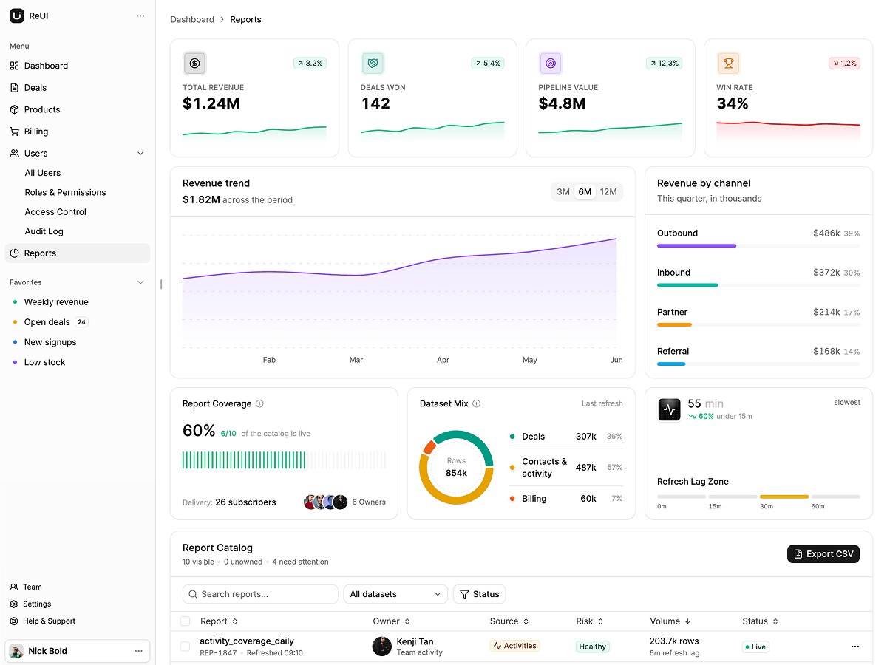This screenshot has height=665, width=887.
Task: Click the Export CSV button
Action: [823, 554]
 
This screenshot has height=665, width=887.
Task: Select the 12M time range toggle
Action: [608, 192]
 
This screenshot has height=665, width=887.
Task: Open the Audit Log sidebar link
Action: [44, 231]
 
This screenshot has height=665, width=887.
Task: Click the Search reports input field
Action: [260, 594]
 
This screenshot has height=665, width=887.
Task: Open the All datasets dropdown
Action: [395, 594]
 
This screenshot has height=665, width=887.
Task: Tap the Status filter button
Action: [479, 594]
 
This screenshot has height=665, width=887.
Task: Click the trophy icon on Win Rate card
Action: [728, 64]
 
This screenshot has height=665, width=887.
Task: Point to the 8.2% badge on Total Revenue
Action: [310, 64]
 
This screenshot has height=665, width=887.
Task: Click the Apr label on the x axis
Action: [443, 360]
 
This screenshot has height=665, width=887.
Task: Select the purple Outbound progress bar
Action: [697, 246]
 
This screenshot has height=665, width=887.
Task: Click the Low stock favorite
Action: [44, 362]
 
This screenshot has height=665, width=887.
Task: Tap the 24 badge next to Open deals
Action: [81, 322]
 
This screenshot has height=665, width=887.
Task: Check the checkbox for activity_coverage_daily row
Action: [185, 647]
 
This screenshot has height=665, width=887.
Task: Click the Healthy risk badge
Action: [592, 647]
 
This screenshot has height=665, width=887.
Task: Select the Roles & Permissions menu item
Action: [65, 192]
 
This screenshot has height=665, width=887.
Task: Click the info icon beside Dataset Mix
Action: [477, 403]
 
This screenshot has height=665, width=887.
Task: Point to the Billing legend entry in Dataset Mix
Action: [529, 498]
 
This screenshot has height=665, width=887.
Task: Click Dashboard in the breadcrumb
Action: [192, 19]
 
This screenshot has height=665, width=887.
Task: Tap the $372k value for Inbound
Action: [826, 273]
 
